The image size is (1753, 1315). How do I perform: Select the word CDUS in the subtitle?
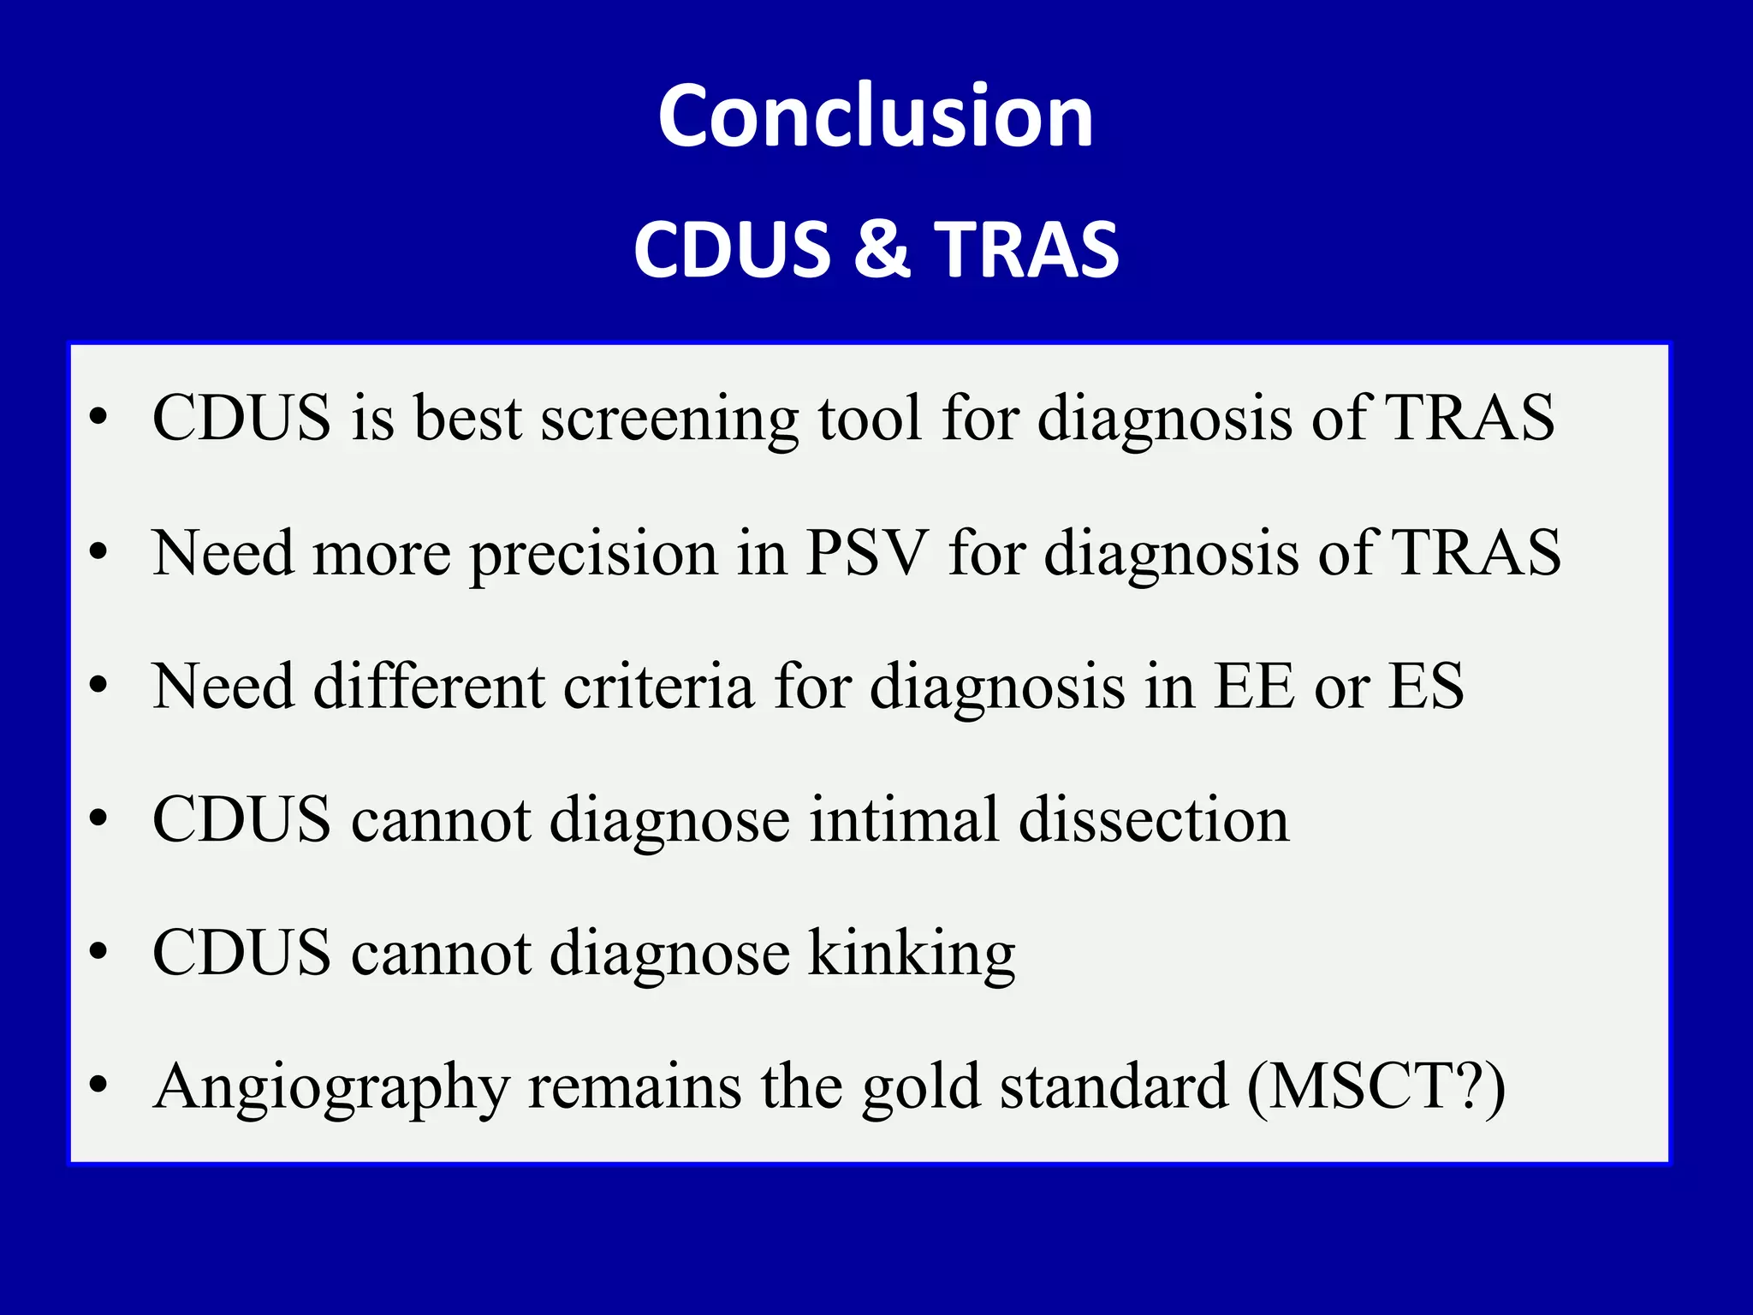[732, 249]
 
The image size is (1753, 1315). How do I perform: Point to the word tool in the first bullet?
[870, 418]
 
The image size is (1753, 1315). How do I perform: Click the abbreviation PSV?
[867, 553]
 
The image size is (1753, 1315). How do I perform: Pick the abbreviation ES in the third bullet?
[1425, 687]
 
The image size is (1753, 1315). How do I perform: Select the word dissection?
[1154, 820]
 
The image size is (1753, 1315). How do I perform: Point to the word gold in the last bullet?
[920, 1088]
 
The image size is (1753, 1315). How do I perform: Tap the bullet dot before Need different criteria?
[99, 685]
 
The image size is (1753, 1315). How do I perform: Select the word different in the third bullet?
[429, 687]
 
